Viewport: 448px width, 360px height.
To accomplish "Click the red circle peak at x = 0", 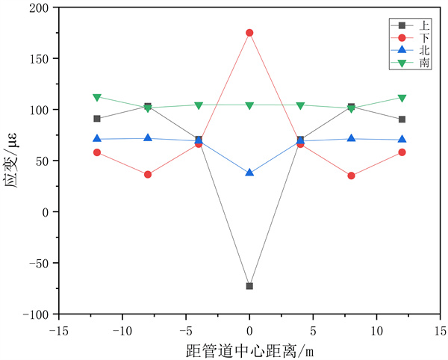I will [249, 33].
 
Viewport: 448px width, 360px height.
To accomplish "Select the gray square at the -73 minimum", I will [249, 286].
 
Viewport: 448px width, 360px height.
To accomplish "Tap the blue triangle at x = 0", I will [249, 173].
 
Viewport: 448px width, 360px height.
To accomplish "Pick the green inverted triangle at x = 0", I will [249, 105].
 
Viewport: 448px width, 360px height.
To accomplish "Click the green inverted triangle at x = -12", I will [97, 97].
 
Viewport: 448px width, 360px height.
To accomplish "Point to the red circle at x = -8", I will [148, 175].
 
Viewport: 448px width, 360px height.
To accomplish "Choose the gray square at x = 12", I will [402, 120].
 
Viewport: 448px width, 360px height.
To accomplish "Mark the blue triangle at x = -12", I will [97, 139].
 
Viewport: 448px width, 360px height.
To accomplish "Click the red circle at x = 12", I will [402, 152].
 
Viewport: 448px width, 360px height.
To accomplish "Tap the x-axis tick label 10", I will [376, 329].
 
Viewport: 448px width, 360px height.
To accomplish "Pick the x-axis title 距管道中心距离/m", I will [249, 349].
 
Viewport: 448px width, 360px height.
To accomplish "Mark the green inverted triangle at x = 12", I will [402, 99].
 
